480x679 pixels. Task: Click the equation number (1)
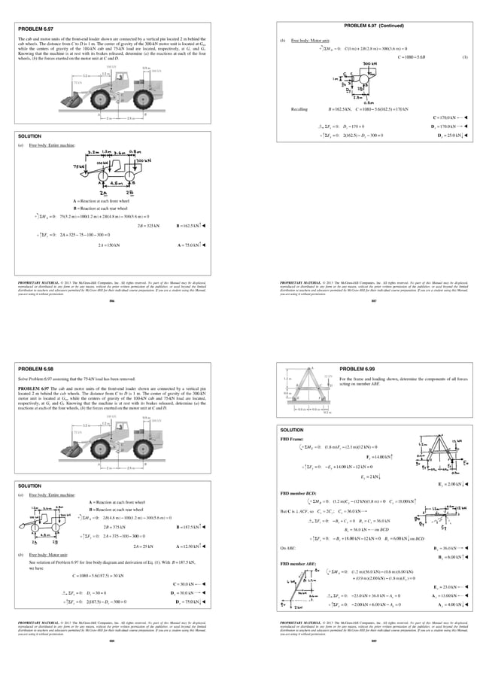[465, 57]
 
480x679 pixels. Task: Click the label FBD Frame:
[293, 437]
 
